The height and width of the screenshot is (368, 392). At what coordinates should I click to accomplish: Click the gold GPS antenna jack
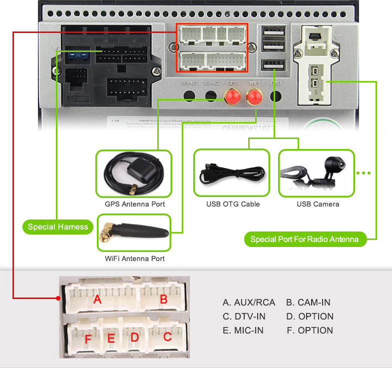pyautogui.click(x=232, y=96)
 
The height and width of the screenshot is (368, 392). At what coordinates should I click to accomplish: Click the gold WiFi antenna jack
pyautogui.click(x=254, y=96)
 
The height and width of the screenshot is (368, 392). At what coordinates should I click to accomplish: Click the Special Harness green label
pyautogui.click(x=58, y=227)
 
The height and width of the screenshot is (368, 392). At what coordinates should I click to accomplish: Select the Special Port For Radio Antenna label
pyautogui.click(x=305, y=239)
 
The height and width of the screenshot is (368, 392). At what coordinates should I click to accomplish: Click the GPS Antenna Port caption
pyautogui.click(x=135, y=204)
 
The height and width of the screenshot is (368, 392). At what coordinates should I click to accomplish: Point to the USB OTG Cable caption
pyautogui.click(x=233, y=204)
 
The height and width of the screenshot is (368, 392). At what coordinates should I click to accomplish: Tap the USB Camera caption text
pyautogui.click(x=318, y=204)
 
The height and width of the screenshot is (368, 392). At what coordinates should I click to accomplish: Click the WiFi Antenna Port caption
pyautogui.click(x=135, y=258)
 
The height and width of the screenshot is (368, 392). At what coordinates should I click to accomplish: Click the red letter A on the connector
pyautogui.click(x=98, y=299)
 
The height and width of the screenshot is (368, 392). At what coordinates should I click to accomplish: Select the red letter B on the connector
pyautogui.click(x=163, y=299)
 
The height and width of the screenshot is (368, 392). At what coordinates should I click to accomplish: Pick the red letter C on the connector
pyautogui.click(x=167, y=337)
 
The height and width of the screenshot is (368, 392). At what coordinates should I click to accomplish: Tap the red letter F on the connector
pyautogui.click(x=88, y=340)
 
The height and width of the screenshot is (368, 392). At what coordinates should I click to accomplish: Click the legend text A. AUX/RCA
pyautogui.click(x=249, y=302)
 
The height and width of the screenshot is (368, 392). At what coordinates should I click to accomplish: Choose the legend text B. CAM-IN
pyautogui.click(x=308, y=302)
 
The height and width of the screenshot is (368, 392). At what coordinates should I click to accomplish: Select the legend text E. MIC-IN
pyautogui.click(x=243, y=330)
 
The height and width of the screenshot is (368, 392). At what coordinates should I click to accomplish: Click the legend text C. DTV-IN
pyautogui.click(x=244, y=316)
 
